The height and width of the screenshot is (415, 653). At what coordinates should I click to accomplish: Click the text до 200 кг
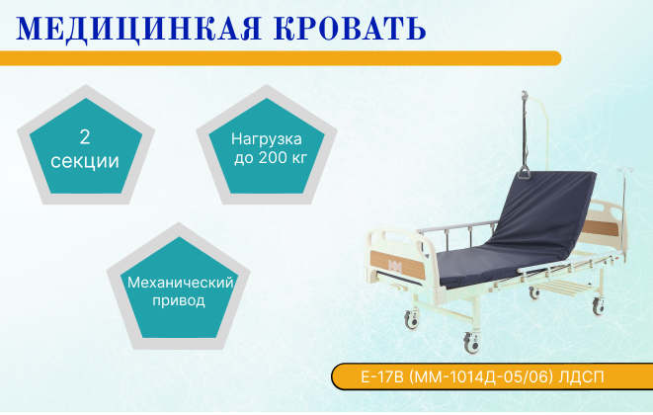tap(267, 157)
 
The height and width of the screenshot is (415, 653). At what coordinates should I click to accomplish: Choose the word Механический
tap(181, 283)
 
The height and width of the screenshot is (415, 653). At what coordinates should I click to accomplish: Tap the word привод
tap(181, 301)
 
